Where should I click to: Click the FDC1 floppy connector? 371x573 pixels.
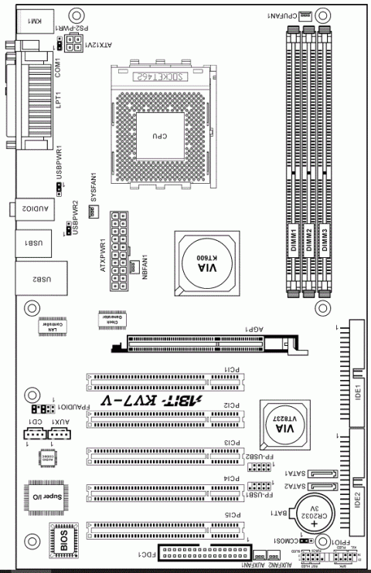pos(205,551)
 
